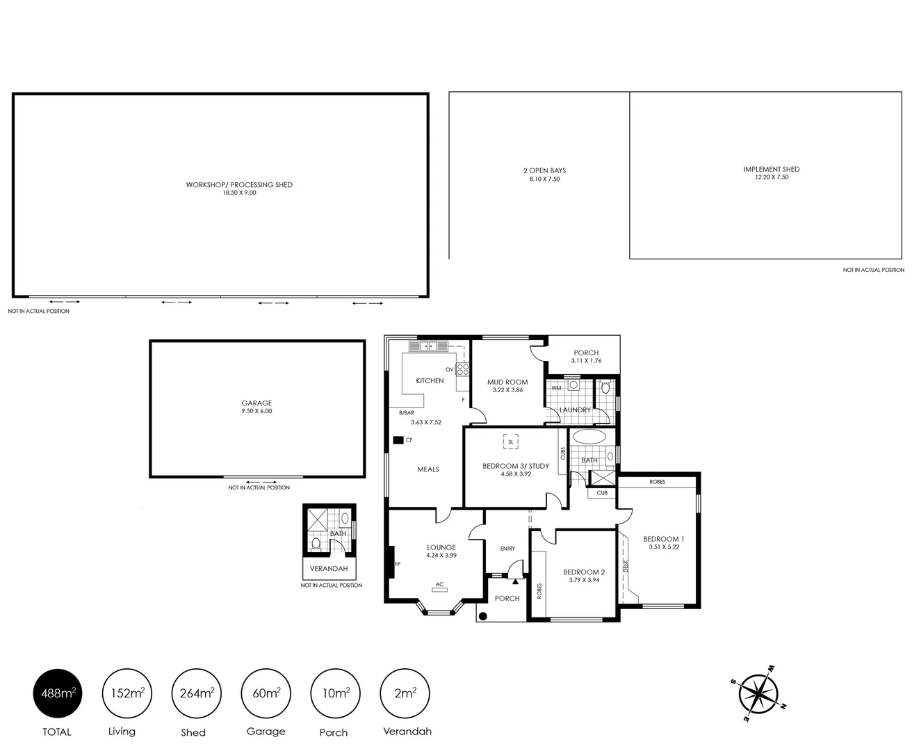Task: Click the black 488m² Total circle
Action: coord(58,693)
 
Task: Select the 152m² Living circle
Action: coord(127,693)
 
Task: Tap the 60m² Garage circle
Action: coord(266,693)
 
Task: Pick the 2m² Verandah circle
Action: coord(405,693)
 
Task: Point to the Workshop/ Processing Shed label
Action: coord(239,185)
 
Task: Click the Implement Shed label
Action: coord(771,169)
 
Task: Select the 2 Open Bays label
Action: coord(544,170)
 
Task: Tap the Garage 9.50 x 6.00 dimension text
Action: coord(256,411)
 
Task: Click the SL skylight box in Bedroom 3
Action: coord(511,442)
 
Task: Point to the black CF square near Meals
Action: coord(398,440)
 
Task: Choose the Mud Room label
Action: coord(507,382)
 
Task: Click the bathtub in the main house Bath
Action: coord(589,437)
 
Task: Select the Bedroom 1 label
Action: coord(663,539)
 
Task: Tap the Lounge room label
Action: coord(441,547)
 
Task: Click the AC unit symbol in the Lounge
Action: coord(439,590)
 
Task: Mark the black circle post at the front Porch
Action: coord(482,615)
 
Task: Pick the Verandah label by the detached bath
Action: coord(329,568)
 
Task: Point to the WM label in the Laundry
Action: coord(556,388)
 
